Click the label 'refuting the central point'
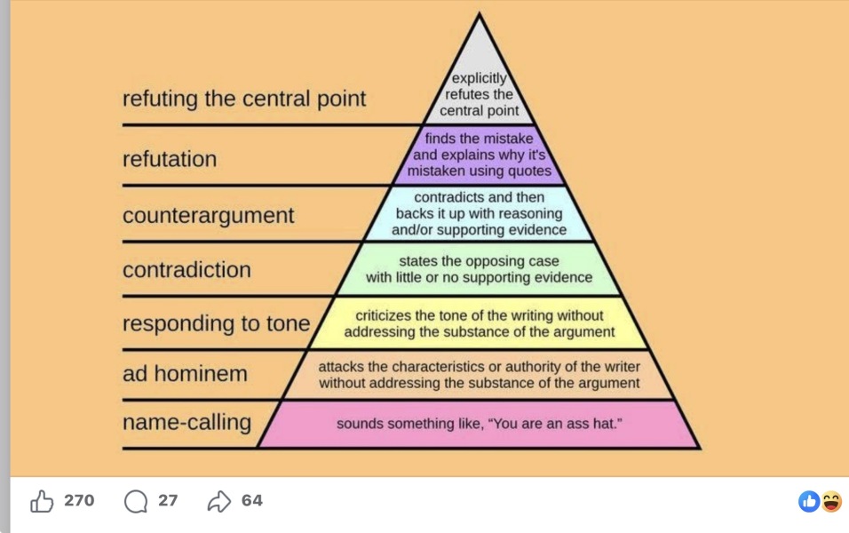[244, 99]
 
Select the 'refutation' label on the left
[170, 159]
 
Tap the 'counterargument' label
[209, 216]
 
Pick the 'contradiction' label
[186, 270]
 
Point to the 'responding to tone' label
[216, 324]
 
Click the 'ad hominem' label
[185, 374]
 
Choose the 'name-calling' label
[186, 422]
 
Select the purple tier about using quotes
[480, 155]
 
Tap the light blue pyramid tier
[480, 213]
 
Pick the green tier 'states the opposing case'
[480, 269]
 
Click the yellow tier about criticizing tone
[480, 323]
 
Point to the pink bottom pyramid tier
[480, 424]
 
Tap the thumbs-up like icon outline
[42, 501]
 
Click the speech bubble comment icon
[135, 502]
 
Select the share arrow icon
[219, 502]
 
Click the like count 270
[79, 500]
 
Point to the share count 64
[252, 500]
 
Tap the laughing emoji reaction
[831, 502]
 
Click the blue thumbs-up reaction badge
[809, 502]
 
